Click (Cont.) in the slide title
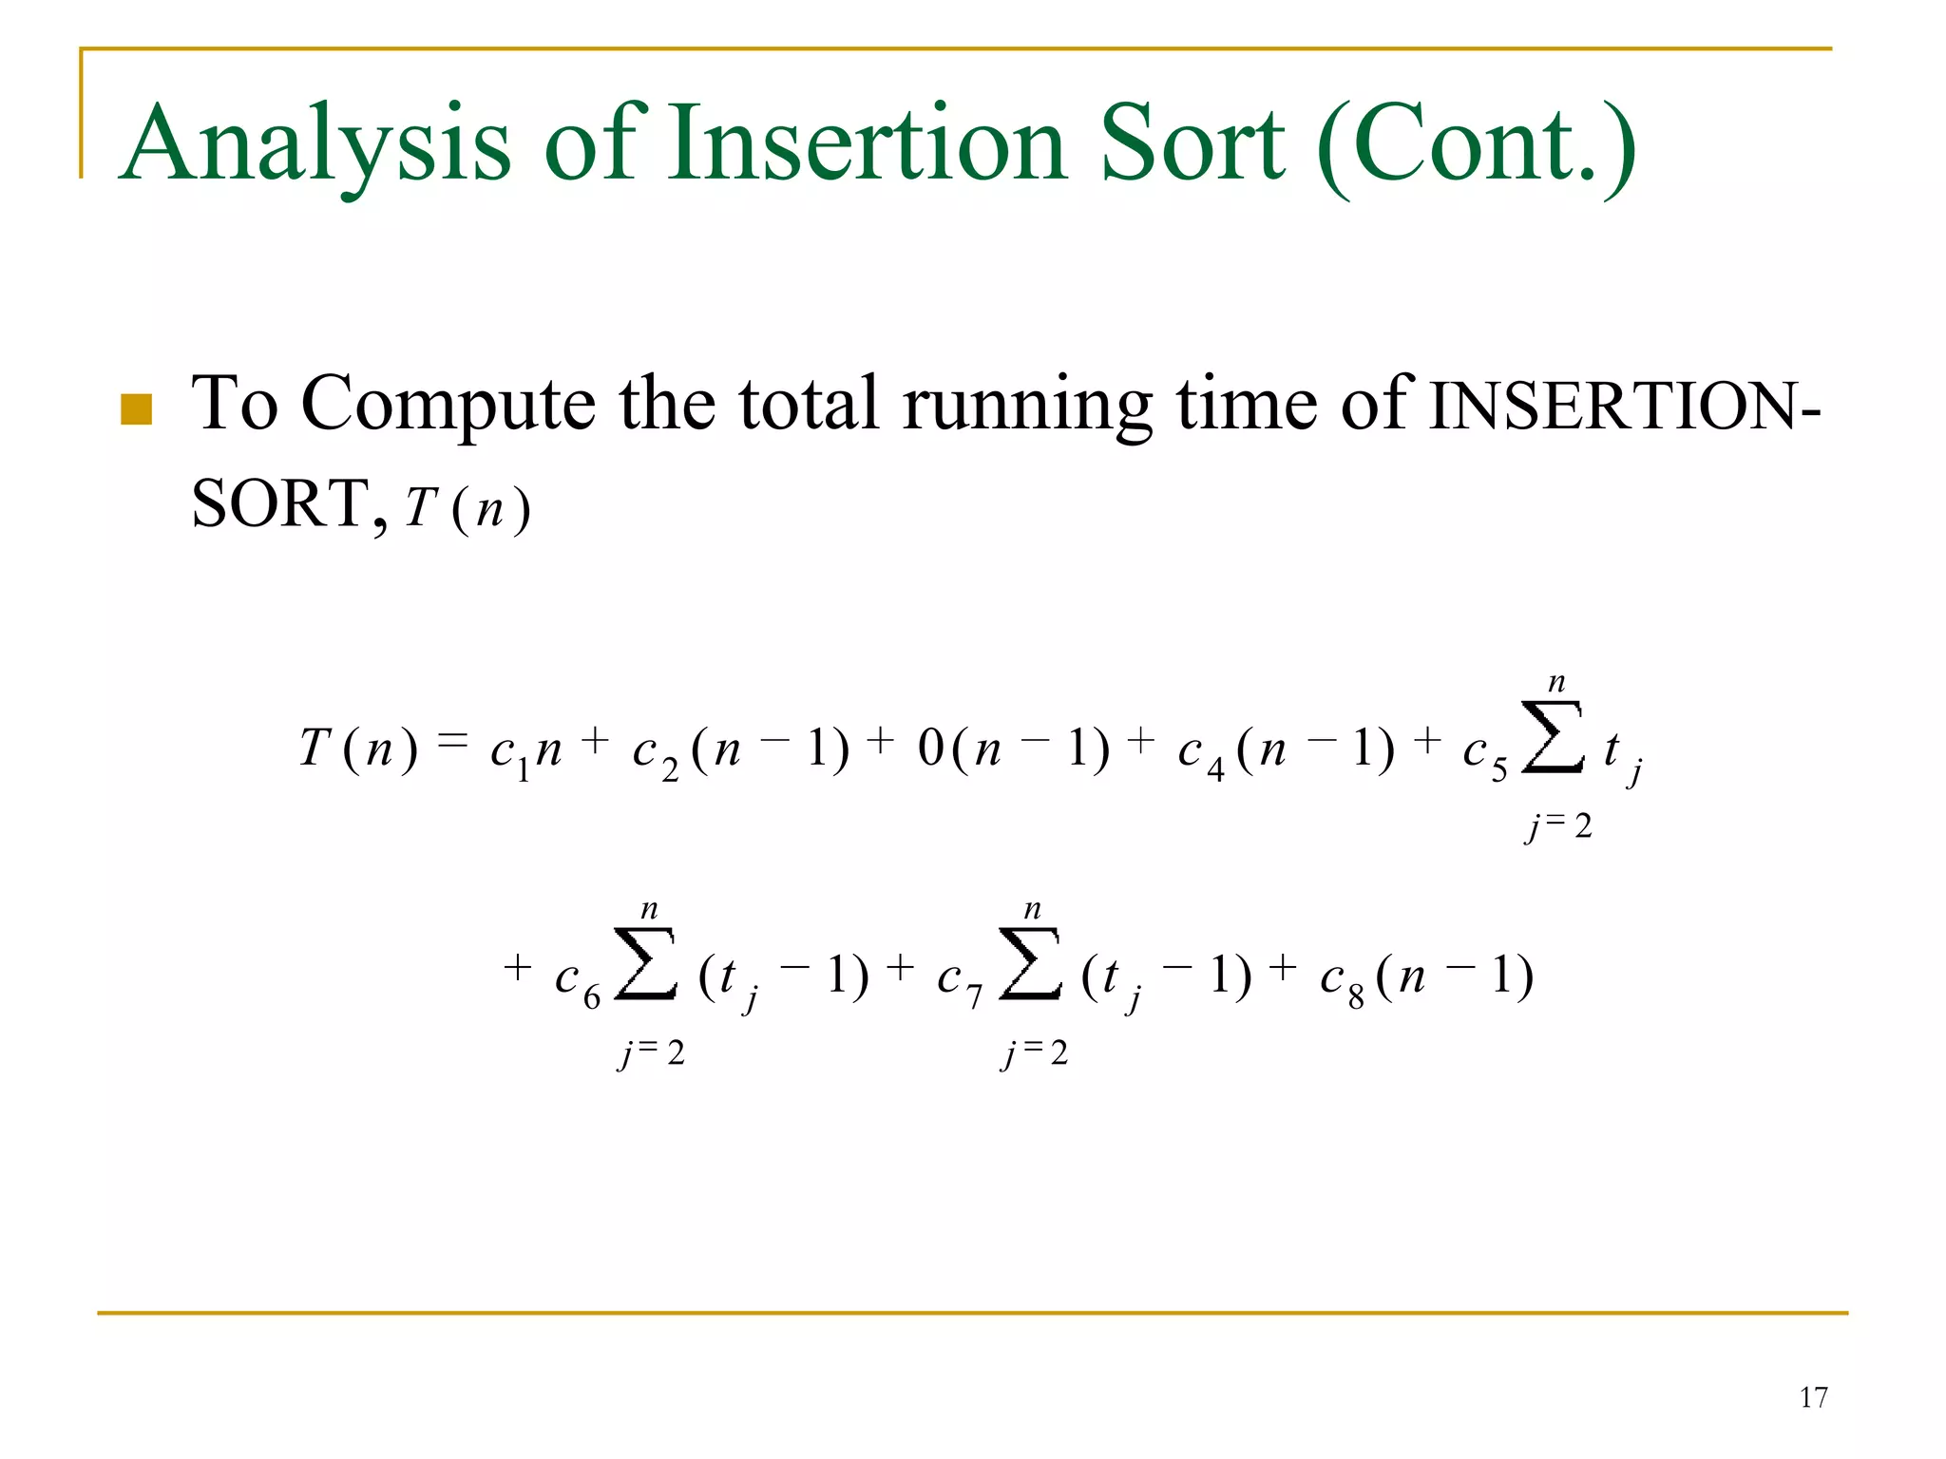(x=1477, y=145)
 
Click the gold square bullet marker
(x=137, y=409)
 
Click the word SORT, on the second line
(x=289, y=504)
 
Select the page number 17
(x=1813, y=1398)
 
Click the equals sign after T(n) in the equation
(x=453, y=742)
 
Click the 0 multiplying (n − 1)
(x=930, y=749)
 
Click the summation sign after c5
(x=1553, y=738)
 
